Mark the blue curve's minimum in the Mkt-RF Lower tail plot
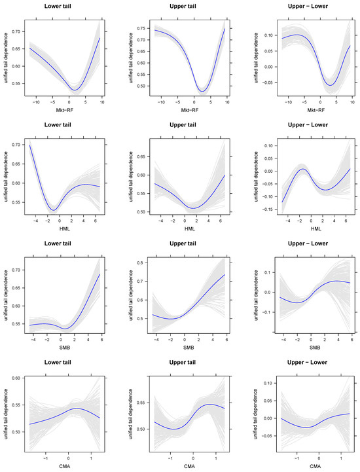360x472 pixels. tap(75, 90)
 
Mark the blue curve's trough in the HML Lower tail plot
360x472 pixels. tap(54, 210)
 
